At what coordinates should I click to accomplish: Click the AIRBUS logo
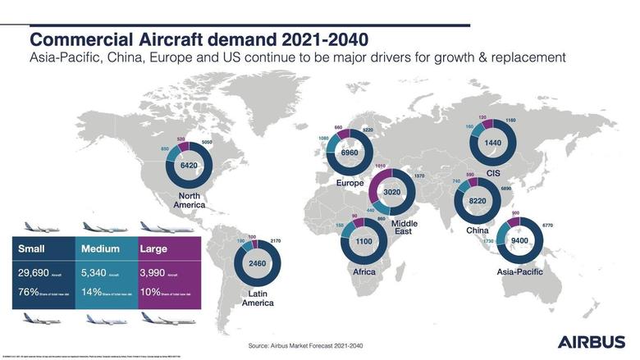pos(591,341)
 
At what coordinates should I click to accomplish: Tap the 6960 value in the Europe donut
pos(350,153)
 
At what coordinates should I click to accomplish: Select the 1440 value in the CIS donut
pos(491,142)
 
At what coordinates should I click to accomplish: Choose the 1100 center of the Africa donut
pos(363,243)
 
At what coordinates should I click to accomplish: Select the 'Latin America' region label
pos(257,298)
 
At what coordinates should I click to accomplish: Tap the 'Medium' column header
pos(102,248)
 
